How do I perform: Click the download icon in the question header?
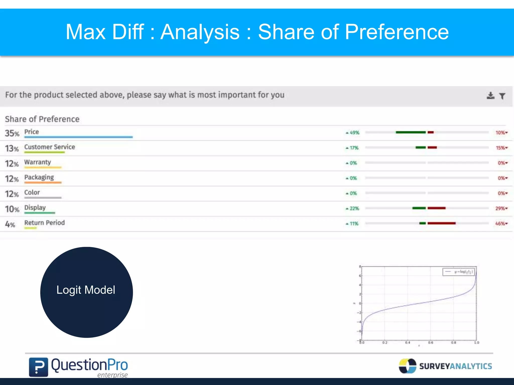(490, 95)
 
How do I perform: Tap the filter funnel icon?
(502, 96)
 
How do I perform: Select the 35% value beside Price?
(12, 133)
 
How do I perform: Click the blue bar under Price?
(78, 137)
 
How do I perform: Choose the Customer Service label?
(49, 147)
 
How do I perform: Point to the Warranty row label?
(37, 162)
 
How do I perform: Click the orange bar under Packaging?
(43, 183)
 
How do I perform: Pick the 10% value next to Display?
(12, 209)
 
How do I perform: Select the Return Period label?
(44, 223)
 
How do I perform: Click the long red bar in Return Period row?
(441, 223)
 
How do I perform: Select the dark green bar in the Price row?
(411, 132)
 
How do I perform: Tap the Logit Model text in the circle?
(86, 290)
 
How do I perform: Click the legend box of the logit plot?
(458, 272)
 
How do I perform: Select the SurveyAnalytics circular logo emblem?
(407, 366)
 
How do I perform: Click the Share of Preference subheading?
(42, 119)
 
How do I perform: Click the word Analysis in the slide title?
(200, 32)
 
